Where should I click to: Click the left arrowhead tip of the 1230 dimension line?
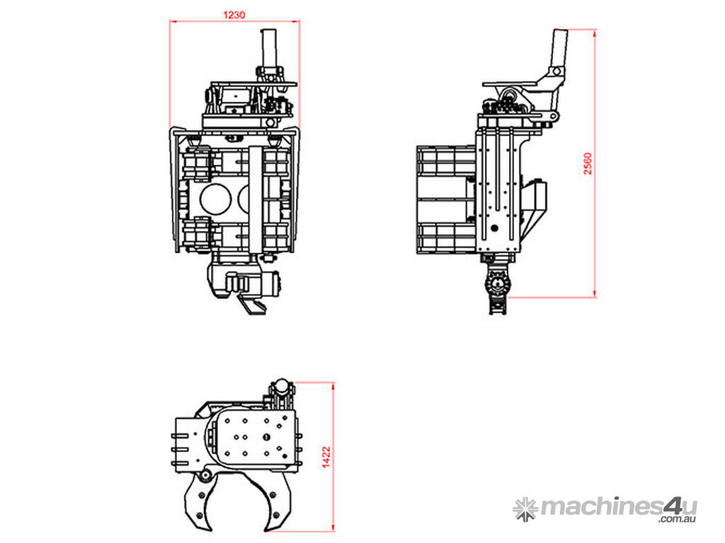[170, 21]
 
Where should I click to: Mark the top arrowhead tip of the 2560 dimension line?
[594, 30]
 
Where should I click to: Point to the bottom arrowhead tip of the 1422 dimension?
[333, 531]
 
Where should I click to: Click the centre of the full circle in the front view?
[215, 199]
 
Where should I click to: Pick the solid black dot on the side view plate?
[493, 228]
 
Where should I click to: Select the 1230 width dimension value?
[234, 15]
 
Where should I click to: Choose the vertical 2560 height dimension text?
[587, 163]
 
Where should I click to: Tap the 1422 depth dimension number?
[326, 457]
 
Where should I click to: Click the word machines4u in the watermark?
[619, 508]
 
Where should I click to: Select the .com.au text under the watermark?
[678, 519]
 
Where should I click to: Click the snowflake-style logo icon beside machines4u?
[525, 509]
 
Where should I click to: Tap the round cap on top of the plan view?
[282, 385]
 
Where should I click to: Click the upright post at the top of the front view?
[269, 49]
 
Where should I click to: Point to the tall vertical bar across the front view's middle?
[255, 199]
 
